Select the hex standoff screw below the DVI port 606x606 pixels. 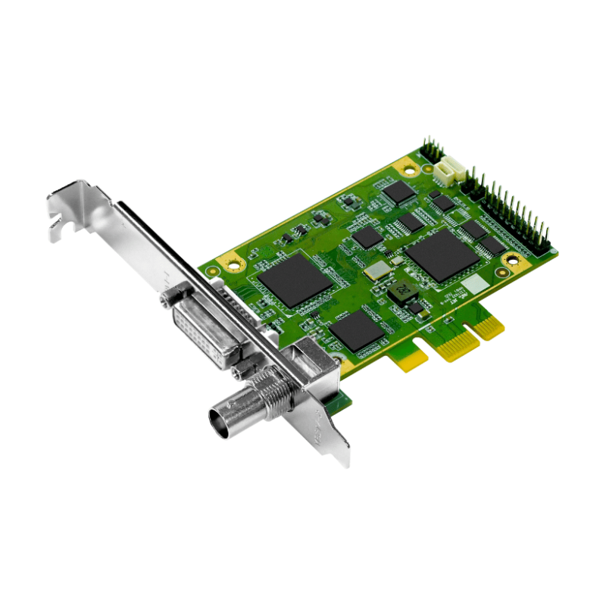point(242,370)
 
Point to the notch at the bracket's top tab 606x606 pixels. point(58,222)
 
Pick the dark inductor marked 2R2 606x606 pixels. point(401,290)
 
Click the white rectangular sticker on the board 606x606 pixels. point(474,285)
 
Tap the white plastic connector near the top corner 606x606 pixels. point(450,169)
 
